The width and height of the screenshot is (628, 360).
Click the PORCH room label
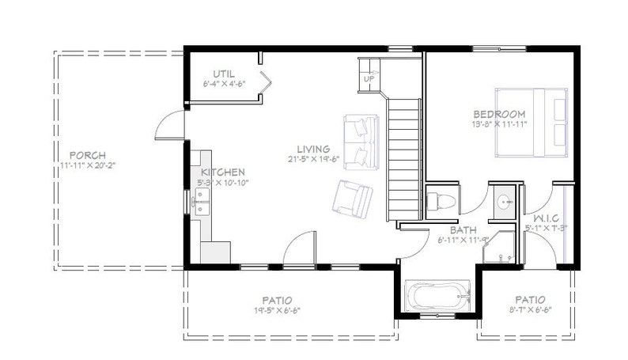click(87, 155)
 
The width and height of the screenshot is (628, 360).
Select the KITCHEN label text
click(222, 172)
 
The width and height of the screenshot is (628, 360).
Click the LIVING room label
click(313, 150)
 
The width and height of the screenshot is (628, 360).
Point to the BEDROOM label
click(498, 114)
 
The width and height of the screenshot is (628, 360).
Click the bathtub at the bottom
click(437, 297)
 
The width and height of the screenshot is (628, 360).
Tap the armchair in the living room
click(352, 199)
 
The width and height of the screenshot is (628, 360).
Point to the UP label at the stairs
click(369, 80)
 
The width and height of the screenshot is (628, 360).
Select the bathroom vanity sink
click(501, 201)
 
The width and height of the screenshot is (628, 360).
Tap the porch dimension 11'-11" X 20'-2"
click(87, 166)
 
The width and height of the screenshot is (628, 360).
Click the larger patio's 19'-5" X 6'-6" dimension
click(277, 312)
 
